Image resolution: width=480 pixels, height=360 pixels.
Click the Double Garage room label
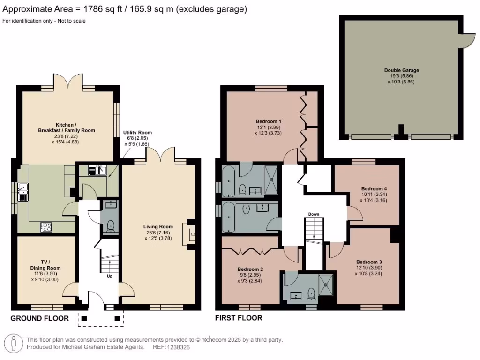[401, 70]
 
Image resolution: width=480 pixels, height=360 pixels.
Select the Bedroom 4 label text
[373, 188]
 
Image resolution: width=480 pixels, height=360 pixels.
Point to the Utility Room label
[137, 133]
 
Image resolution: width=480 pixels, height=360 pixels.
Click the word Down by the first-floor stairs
[314, 214]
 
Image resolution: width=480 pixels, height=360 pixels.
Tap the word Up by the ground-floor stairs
[110, 277]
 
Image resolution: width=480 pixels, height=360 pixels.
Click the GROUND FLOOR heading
[39, 318]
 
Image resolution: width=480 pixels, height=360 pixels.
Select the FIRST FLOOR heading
[239, 318]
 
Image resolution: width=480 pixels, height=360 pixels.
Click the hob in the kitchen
[47, 227]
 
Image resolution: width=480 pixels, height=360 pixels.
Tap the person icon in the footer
[15, 343]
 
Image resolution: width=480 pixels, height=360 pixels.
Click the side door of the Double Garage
[467, 41]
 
